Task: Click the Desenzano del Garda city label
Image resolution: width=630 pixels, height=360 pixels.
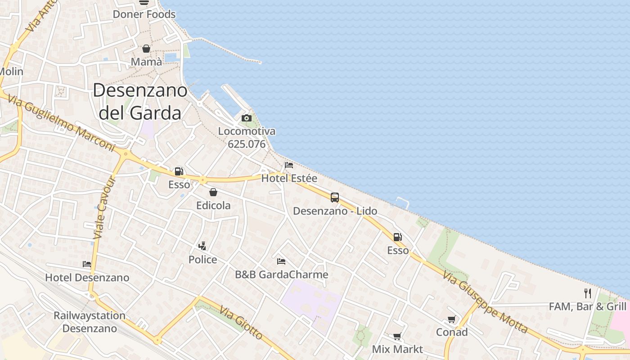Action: tap(140, 102)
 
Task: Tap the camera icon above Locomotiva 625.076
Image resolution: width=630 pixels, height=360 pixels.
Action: tap(246, 118)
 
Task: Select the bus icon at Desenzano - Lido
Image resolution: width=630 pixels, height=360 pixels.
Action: tap(334, 197)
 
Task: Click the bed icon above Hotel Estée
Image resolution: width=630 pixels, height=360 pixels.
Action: tap(289, 165)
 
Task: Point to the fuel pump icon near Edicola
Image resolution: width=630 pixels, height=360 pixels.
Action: tap(179, 171)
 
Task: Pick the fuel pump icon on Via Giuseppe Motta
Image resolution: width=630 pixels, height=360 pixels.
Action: tap(397, 237)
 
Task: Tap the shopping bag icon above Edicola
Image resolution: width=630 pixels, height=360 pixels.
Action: tap(213, 192)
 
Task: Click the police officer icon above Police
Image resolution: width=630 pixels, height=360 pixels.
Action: tap(202, 246)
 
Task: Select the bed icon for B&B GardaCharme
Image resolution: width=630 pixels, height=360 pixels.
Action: tap(281, 261)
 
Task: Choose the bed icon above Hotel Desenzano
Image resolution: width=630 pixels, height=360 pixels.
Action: tap(87, 264)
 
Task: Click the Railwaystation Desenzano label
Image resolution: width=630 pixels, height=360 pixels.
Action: tap(90, 322)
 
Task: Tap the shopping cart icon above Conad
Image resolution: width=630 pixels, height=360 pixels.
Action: tap(451, 319)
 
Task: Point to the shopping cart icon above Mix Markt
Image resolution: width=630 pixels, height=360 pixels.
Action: tap(397, 336)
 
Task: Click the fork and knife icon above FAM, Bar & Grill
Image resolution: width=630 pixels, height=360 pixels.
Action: tap(587, 293)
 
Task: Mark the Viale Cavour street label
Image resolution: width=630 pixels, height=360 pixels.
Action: tap(105, 207)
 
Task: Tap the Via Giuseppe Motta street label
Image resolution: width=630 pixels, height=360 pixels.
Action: tap(485, 302)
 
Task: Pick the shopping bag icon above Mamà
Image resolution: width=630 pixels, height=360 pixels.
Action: tap(146, 49)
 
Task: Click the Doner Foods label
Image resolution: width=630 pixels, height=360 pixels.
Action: tap(144, 14)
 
